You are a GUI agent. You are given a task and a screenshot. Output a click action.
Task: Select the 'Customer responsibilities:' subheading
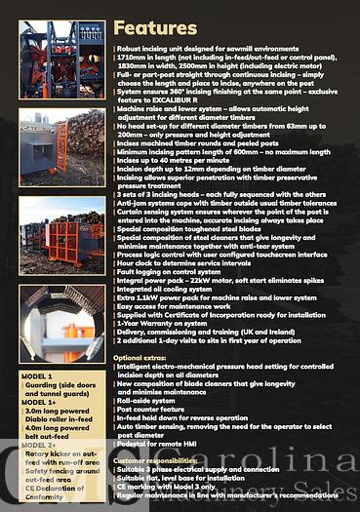coord(161,458)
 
